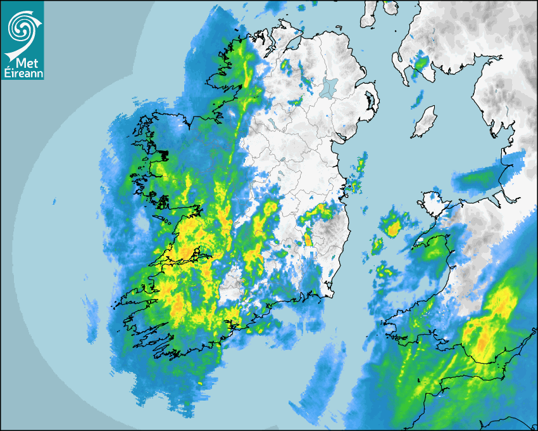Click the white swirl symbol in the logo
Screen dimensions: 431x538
[22, 27]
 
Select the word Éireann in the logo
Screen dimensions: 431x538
[22, 74]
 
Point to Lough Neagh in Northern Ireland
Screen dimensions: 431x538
[328, 87]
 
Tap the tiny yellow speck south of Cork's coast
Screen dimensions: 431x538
[200, 383]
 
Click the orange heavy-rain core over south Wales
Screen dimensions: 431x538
[484, 342]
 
